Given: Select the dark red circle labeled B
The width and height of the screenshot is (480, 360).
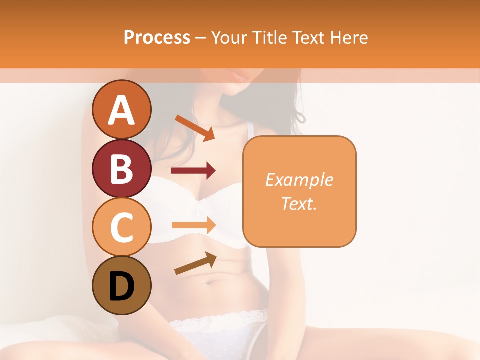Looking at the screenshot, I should pyautogui.click(x=122, y=168).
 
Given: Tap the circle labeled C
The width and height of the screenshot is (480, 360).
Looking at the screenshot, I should pyautogui.click(x=122, y=227).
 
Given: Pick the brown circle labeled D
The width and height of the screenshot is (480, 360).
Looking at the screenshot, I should pyautogui.click(x=122, y=285).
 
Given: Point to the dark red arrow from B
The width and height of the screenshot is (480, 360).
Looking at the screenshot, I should pyautogui.click(x=193, y=171).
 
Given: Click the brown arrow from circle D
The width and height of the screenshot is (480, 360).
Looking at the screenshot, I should pyautogui.click(x=195, y=263).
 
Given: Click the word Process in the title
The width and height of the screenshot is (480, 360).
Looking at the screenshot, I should pyautogui.click(x=157, y=37).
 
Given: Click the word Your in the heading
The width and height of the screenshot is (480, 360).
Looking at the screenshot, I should pyautogui.click(x=228, y=37).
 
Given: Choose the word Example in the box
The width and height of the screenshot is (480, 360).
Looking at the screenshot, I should pyautogui.click(x=299, y=180).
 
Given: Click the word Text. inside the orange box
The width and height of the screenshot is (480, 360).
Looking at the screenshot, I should pyautogui.click(x=299, y=204).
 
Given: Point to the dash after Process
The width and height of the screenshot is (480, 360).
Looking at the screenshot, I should pyautogui.click(x=200, y=38).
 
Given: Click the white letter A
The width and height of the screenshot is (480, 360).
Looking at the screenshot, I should pyautogui.click(x=122, y=110).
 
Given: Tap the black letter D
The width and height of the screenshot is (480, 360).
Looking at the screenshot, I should pyautogui.click(x=122, y=286).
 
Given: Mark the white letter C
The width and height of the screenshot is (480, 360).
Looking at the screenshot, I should pyautogui.click(x=122, y=228).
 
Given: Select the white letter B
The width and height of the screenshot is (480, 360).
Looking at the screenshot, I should pyautogui.click(x=122, y=169).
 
